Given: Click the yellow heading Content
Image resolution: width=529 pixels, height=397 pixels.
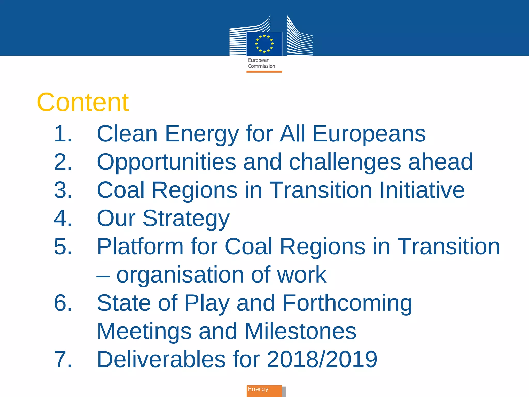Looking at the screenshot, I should point(83,103).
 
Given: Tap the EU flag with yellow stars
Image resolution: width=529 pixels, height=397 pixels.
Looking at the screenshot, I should point(264,44).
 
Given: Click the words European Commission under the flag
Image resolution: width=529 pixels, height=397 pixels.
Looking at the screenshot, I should point(261,63).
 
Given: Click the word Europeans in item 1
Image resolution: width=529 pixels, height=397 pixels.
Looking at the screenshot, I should point(369,134).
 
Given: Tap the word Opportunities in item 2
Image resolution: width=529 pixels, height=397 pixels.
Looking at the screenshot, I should point(166,162).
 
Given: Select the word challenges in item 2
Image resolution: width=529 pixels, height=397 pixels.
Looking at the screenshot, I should point(345,162).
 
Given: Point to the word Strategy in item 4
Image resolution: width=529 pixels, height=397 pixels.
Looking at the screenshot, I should point(186,219).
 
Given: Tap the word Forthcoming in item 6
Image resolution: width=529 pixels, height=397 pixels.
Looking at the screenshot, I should point(347,303).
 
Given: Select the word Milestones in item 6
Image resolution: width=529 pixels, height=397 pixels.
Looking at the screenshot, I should point(300,331).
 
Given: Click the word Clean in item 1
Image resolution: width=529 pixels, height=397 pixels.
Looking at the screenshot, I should point(127,134).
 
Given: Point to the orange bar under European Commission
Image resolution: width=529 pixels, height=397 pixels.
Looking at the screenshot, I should point(264,72).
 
